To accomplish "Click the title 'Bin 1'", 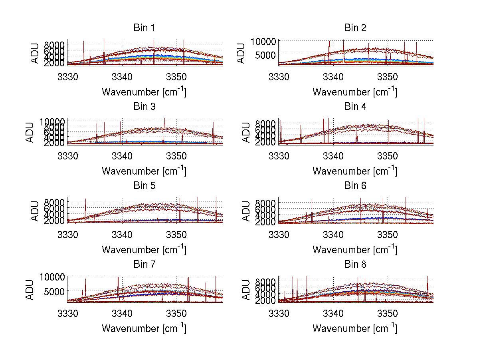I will coord(144,28).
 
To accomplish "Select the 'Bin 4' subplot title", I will coord(355,107).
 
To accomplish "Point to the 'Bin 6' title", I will coord(355,186).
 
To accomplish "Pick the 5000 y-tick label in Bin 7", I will coord(52,292).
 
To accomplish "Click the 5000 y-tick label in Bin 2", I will coord(263,54).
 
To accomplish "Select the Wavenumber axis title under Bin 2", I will coord(355,92).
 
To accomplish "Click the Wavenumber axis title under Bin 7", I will coord(144,328).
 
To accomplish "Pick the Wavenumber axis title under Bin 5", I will coord(144,250).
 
